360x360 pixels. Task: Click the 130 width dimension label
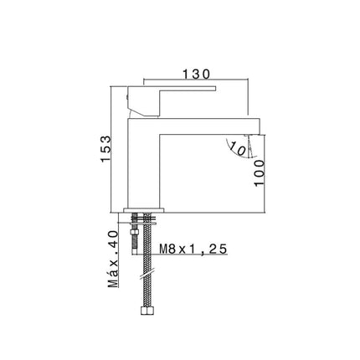click(x=196, y=75)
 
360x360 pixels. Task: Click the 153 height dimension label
click(x=106, y=149)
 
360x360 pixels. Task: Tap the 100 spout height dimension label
click(x=260, y=172)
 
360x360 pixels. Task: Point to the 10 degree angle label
click(x=238, y=149)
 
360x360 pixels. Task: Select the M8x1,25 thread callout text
click(x=193, y=249)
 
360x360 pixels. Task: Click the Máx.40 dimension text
click(x=113, y=260)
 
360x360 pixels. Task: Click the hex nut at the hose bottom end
click(x=147, y=311)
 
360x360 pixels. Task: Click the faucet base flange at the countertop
click(x=144, y=210)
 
